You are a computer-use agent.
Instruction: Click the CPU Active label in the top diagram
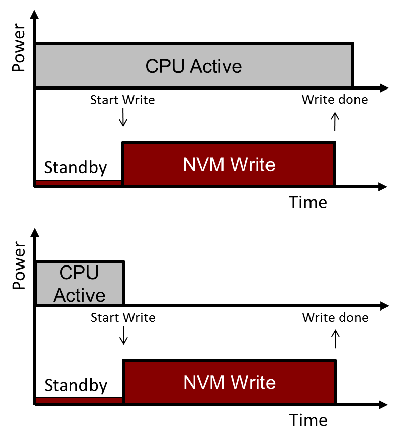[x=194, y=66]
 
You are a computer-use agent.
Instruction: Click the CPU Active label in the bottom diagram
[x=79, y=284]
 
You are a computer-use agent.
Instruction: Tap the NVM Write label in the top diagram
[x=229, y=165]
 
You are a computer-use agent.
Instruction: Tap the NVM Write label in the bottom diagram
[x=229, y=382]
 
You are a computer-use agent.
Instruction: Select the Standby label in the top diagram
[x=75, y=167]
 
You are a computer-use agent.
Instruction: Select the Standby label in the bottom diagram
[x=76, y=385]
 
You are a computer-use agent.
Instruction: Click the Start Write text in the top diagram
[x=122, y=100]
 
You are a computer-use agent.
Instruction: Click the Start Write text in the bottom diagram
[x=123, y=318]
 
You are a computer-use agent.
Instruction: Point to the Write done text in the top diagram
[x=335, y=99]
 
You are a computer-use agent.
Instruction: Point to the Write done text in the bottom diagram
[x=335, y=318]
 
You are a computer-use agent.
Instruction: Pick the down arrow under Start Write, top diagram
[x=123, y=119]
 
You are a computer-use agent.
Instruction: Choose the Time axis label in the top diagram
[x=308, y=202]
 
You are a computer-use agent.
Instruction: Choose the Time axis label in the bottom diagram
[x=308, y=420]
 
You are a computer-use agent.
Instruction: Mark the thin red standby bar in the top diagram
[x=78, y=182]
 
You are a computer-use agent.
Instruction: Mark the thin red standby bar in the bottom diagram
[x=79, y=400]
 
